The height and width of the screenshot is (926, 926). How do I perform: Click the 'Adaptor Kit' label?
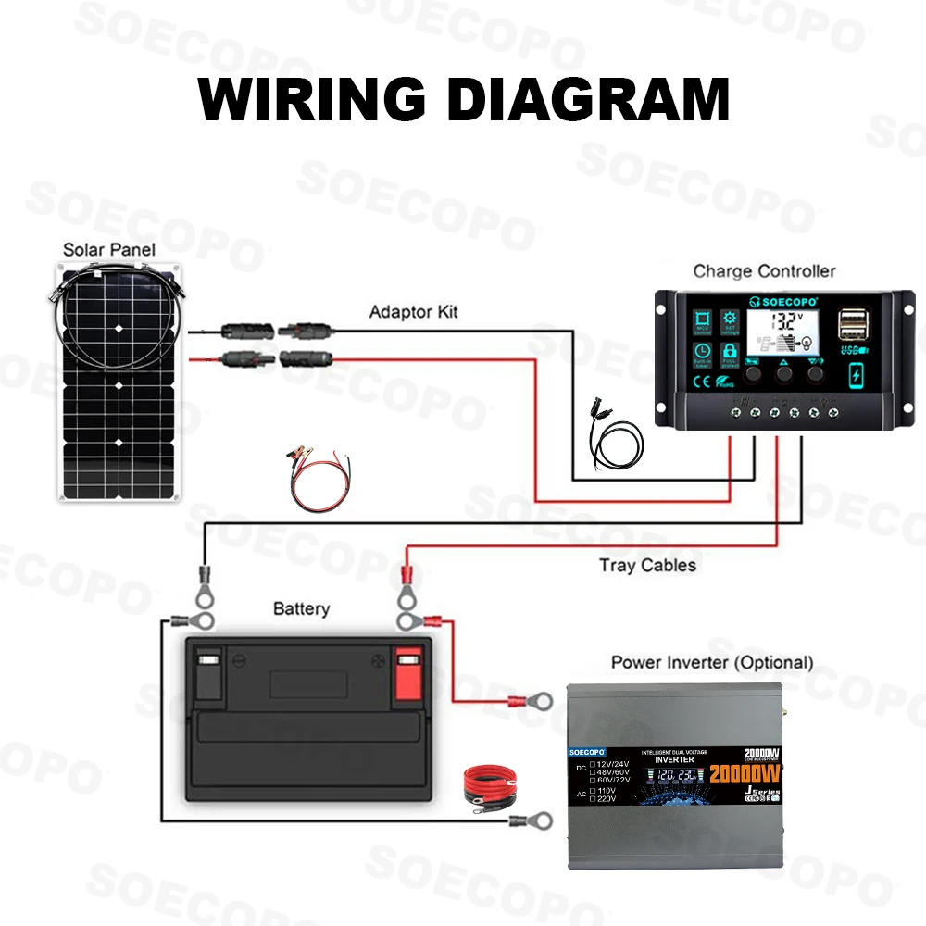413,312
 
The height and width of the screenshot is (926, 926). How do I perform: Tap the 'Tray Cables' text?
647,565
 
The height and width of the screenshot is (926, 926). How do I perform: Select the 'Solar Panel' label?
108,250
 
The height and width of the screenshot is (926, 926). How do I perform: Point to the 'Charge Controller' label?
764,271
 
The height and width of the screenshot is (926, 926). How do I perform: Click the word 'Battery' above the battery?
301,609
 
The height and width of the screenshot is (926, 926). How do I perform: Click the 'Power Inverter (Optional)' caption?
711,663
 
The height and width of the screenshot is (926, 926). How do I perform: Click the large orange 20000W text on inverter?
745,773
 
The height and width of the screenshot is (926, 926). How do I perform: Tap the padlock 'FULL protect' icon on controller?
729,354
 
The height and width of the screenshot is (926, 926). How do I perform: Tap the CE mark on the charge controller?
702,380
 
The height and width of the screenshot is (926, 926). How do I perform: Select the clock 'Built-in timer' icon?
703,354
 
